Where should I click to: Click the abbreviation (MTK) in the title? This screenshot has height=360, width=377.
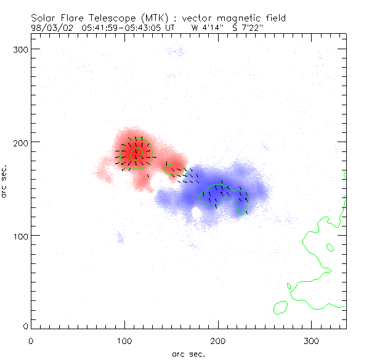click(x=148, y=18)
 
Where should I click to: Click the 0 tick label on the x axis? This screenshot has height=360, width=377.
click(x=31, y=340)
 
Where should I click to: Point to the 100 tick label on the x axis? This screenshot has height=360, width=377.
click(x=124, y=340)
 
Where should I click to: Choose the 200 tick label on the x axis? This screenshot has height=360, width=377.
click(x=218, y=340)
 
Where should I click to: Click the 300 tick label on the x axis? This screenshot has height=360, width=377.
click(x=312, y=340)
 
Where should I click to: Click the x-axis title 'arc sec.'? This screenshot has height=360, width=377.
click(x=188, y=353)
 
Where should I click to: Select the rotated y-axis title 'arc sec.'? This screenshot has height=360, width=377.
click(x=5, y=181)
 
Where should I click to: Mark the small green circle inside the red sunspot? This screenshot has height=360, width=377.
click(x=137, y=152)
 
